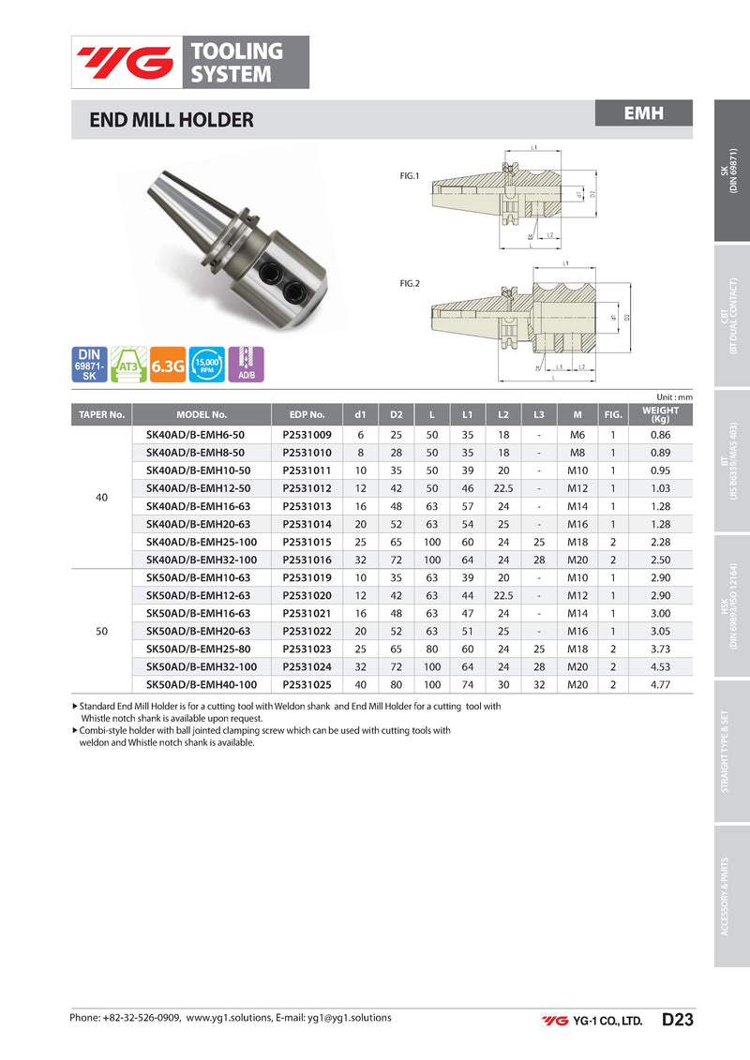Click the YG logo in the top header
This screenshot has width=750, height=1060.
(126, 62)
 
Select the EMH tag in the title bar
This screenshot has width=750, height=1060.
(644, 113)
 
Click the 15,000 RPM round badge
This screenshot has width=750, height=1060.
(206, 365)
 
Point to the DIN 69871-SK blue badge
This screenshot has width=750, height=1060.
(90, 365)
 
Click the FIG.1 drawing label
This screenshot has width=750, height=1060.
(410, 174)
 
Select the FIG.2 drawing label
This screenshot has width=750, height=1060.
(410, 282)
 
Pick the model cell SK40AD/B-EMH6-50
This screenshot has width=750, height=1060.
(195, 436)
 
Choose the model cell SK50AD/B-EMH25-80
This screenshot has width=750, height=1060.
(199, 649)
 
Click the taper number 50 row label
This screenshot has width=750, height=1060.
(102, 631)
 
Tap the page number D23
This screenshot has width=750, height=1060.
(677, 1020)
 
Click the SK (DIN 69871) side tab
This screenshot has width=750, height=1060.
(731, 171)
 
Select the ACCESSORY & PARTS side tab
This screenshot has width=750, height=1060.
(731, 895)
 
